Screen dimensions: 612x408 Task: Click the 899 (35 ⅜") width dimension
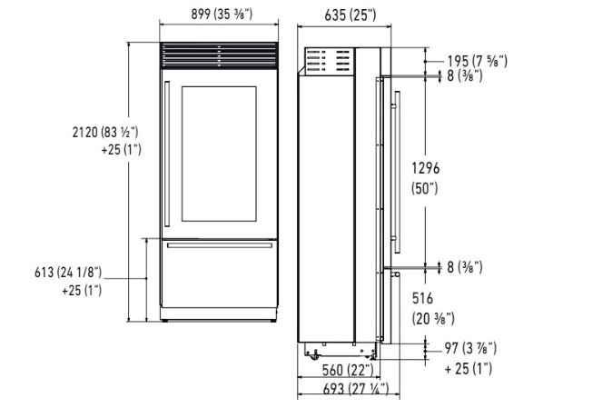(222, 14)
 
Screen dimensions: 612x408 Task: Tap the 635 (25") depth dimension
(350, 15)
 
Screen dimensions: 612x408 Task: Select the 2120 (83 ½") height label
(105, 132)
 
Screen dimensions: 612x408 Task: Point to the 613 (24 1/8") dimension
(68, 272)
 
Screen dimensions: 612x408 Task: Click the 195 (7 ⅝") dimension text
(478, 61)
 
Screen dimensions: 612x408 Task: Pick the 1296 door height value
(426, 168)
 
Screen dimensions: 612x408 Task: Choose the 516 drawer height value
(423, 299)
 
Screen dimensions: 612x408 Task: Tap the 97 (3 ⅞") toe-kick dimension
(470, 348)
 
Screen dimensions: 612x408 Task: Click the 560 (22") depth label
(348, 370)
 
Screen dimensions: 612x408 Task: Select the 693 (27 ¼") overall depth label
(356, 389)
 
